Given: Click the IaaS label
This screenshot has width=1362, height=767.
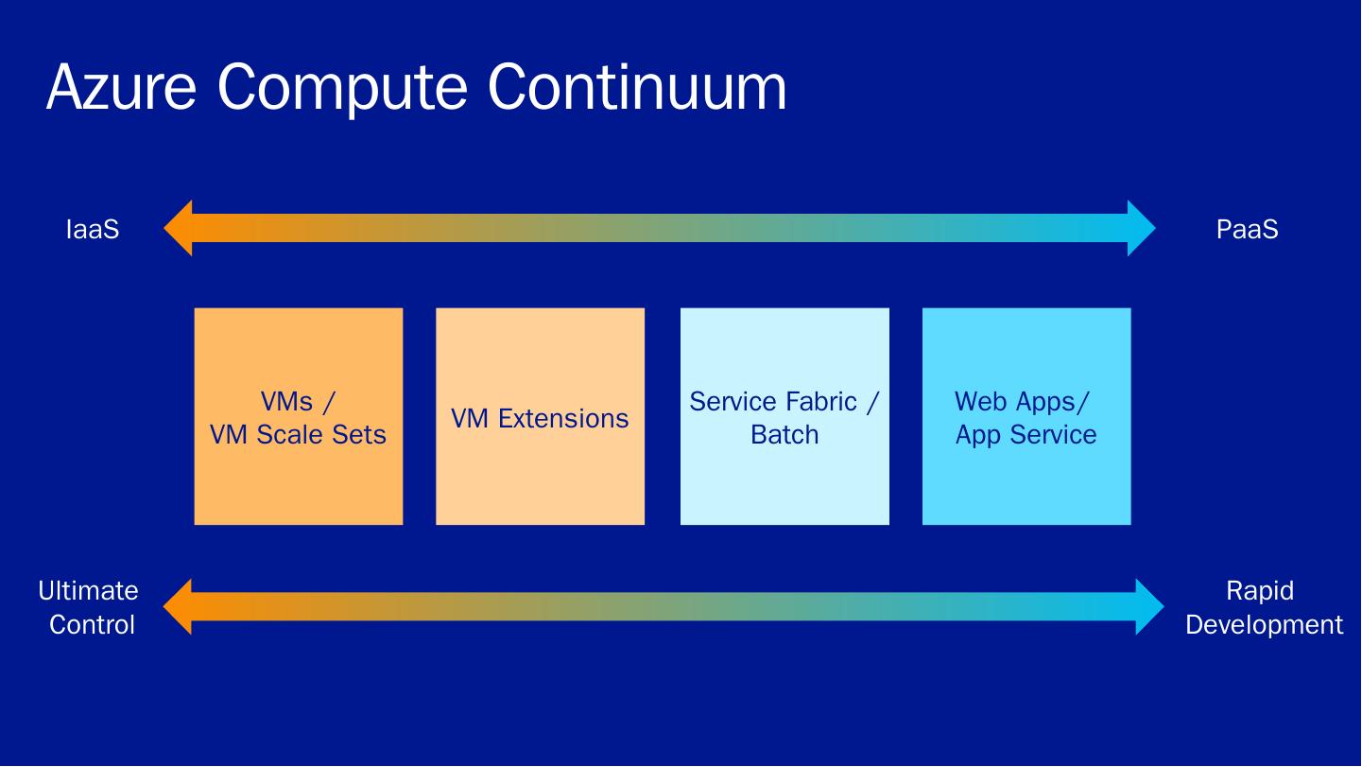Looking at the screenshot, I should [93, 229].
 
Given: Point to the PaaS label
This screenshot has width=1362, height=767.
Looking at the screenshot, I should [1247, 229].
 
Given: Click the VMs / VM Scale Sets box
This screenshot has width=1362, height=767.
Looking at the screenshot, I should [298, 416].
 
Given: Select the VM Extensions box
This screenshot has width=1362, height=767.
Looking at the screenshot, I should [540, 416].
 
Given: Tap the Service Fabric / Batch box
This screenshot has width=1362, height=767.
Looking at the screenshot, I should [784, 416].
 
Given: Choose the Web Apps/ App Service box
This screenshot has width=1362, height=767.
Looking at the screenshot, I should [1026, 416].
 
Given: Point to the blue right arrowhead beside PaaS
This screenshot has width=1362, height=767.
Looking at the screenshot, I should [1141, 228].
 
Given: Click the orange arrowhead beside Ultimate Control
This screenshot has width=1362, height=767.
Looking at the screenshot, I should [179, 606].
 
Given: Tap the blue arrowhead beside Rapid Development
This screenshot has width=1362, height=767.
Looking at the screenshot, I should [1149, 606].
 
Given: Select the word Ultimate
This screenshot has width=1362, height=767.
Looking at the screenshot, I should [88, 591].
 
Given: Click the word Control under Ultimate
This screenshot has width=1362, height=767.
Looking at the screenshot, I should [92, 625].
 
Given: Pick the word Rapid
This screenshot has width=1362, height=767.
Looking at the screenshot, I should [1259, 591].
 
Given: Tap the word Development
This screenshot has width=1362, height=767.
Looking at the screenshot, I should [1264, 625].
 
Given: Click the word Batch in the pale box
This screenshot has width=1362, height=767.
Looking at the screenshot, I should [784, 435].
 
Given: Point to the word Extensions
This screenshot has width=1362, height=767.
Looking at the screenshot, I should [563, 419].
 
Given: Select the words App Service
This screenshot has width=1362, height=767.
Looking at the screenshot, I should [1026, 435].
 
